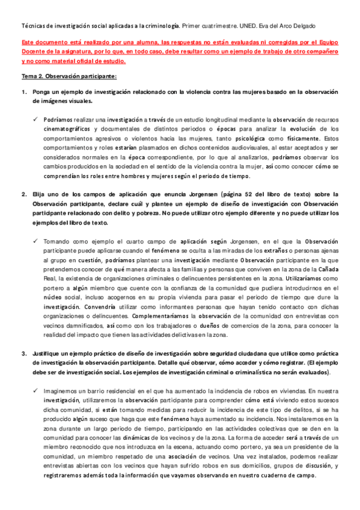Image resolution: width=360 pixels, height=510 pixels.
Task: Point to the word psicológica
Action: coord(251,139)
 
